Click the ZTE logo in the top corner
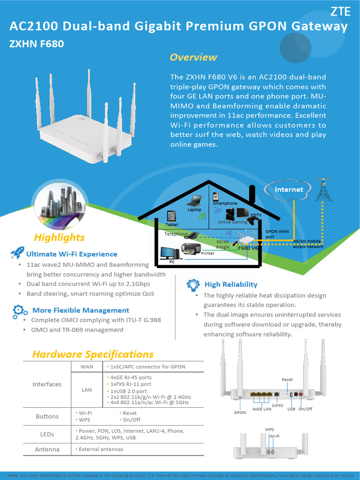[x=341, y=12]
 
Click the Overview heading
[x=193, y=57]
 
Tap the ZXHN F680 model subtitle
[x=37, y=45]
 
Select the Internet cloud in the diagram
[x=289, y=189]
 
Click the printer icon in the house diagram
[x=191, y=248]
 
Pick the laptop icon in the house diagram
[x=194, y=202]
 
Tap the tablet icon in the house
[x=172, y=216]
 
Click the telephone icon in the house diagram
[x=193, y=236]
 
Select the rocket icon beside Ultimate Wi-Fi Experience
[x=17, y=254]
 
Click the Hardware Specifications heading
[x=93, y=354]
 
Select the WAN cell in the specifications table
[x=87, y=367]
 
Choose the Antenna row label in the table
[x=47, y=449]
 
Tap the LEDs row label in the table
[x=47, y=434]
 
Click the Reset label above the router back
[x=287, y=379]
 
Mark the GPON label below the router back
[x=240, y=413]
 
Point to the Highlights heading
[x=60, y=237]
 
